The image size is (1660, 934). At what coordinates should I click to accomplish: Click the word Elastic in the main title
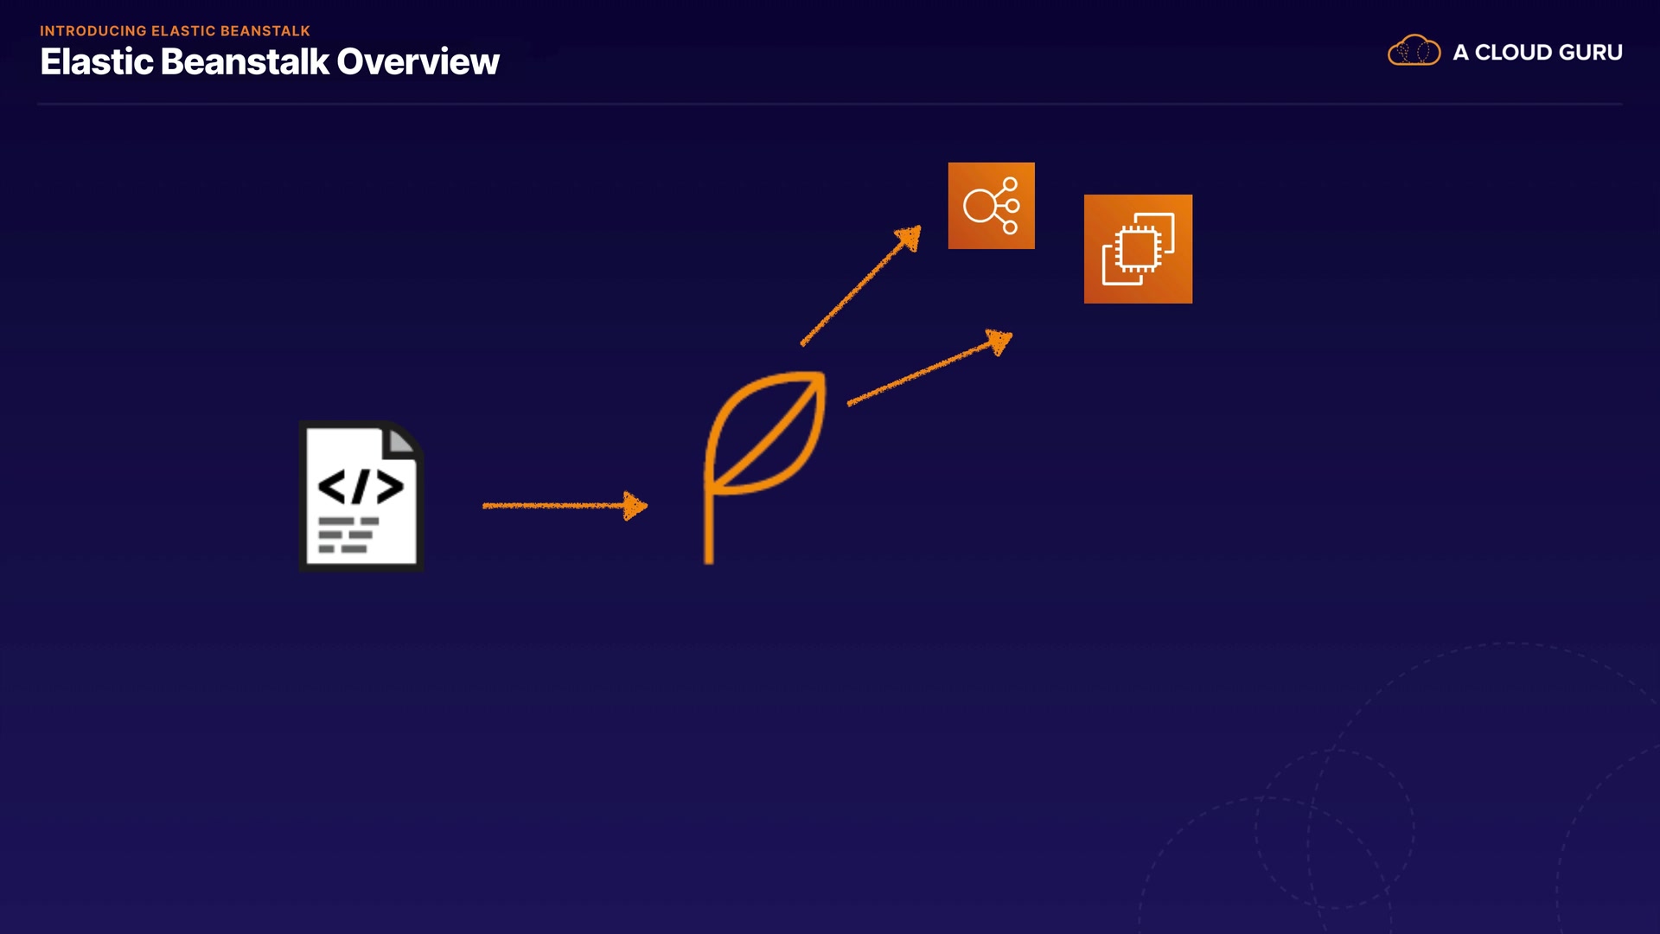[97, 62]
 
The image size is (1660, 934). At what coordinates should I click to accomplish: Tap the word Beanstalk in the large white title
[245, 62]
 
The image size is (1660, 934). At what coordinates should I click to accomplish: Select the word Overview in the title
[418, 62]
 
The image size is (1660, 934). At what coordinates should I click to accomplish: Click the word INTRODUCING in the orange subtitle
[93, 31]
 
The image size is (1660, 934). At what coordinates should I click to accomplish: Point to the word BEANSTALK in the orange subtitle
[265, 31]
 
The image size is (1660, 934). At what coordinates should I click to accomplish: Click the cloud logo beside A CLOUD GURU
[1414, 51]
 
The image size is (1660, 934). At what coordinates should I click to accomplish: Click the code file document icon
[361, 496]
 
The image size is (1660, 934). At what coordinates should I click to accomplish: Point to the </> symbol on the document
[361, 486]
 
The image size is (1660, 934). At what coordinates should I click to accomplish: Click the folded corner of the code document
[401, 441]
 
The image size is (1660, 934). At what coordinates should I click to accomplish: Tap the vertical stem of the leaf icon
[709, 532]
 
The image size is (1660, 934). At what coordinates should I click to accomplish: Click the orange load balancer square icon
[991, 206]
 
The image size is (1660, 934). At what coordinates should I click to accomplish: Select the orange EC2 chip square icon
[1138, 249]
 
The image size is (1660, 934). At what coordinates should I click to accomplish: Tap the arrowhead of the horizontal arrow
[635, 506]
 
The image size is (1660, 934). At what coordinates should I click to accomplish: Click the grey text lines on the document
[348, 534]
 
